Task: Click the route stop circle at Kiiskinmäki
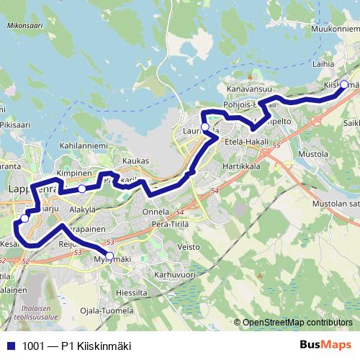[344, 85]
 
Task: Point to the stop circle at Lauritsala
[204, 127]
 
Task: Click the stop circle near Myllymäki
[109, 256]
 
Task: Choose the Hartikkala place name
[241, 166]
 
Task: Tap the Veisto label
[189, 247]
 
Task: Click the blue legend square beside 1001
[9, 344]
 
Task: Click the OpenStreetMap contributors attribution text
[297, 323]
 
